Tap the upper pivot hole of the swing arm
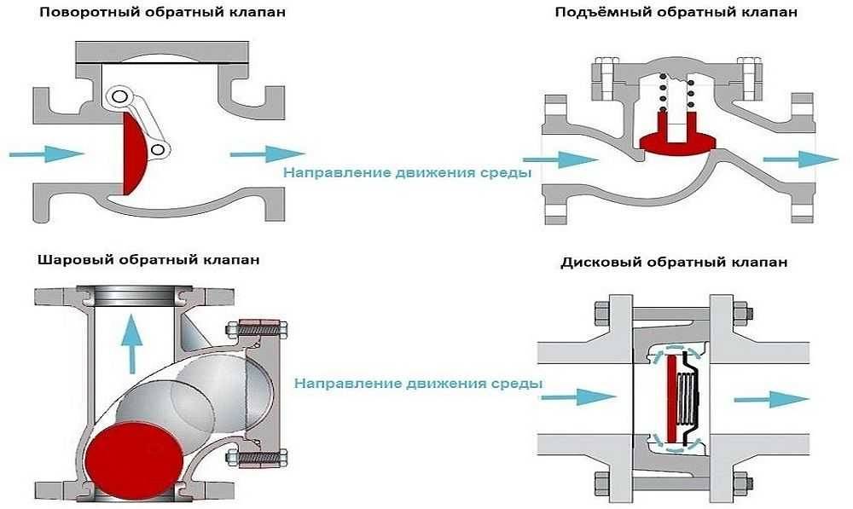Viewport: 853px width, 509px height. coord(119,95)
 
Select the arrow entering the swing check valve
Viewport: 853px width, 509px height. coord(46,153)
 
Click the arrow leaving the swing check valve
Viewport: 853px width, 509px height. coord(266,153)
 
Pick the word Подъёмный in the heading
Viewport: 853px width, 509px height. coord(593,13)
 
